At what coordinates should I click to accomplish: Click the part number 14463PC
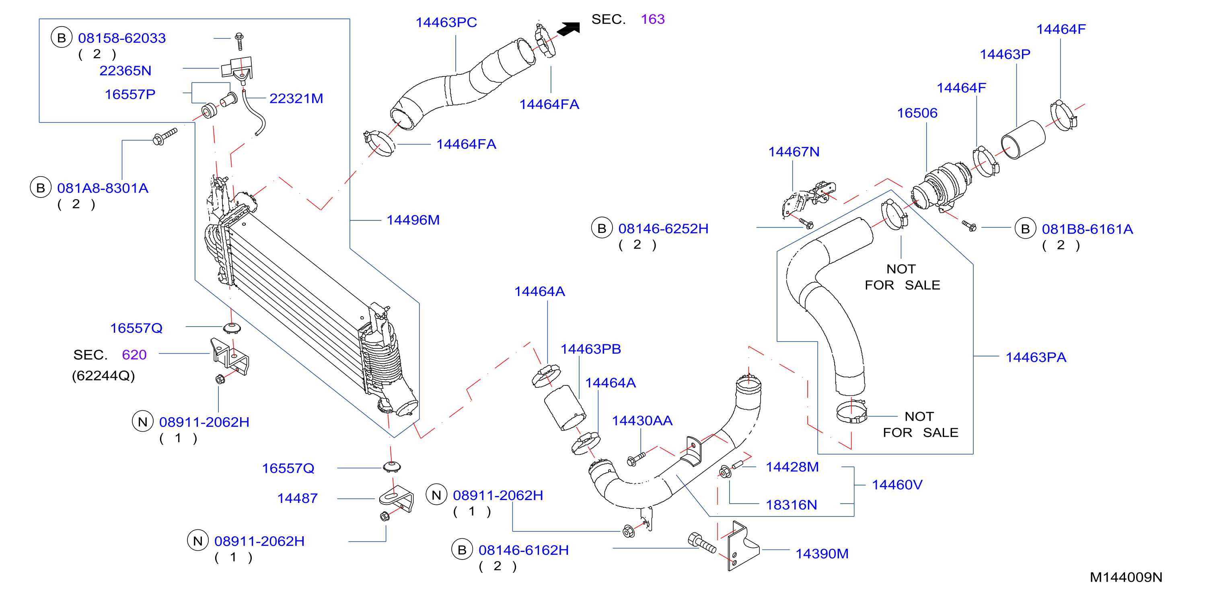446,22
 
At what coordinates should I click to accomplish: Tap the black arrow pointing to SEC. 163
568,29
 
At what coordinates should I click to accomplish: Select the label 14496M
413,220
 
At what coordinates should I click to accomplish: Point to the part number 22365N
125,70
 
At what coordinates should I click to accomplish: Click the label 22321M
296,98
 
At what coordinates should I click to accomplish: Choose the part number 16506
917,113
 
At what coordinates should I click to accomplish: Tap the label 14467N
794,152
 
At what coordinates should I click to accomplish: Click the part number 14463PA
1036,357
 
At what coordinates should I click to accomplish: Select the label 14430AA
642,420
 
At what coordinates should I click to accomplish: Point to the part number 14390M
822,554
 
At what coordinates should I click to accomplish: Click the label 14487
297,498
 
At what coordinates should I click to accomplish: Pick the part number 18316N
791,504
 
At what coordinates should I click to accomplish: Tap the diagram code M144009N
1126,577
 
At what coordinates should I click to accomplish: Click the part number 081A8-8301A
103,188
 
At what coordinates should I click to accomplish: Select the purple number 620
134,354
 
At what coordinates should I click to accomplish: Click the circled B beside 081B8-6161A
1025,229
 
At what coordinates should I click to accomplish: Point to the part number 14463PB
591,349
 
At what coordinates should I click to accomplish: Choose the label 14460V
897,484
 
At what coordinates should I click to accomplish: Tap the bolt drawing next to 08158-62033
239,41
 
